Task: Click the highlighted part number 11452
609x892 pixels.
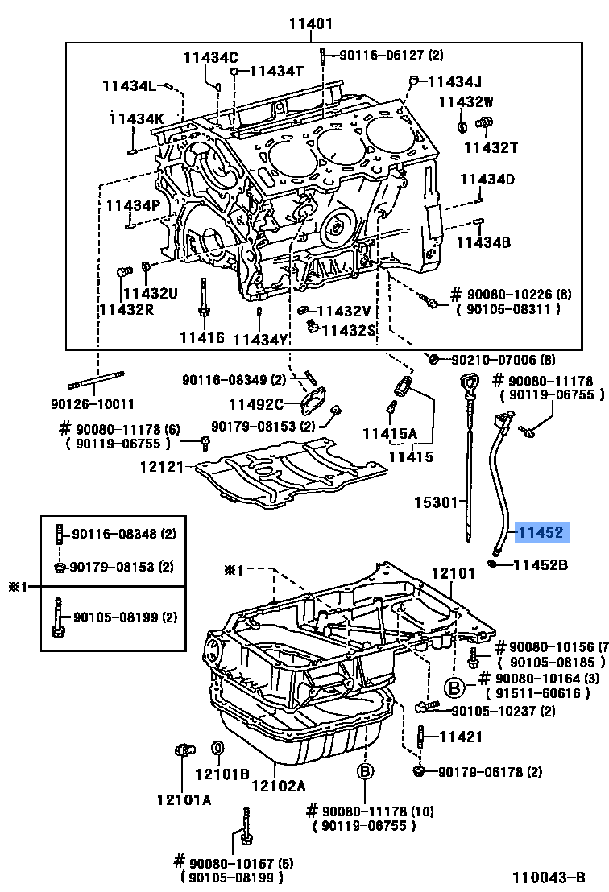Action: [x=542, y=532]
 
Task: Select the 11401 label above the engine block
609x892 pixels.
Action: [x=310, y=24]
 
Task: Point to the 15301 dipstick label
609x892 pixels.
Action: [x=437, y=502]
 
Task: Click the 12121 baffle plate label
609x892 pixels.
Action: [x=162, y=466]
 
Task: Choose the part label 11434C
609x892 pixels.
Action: [x=210, y=57]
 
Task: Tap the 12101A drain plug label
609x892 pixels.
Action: [x=184, y=799]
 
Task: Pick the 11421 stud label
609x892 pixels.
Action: [x=460, y=736]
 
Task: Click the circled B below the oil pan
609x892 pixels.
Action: [x=364, y=772]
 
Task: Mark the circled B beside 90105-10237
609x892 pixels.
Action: [x=454, y=687]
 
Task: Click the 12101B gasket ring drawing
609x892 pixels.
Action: [x=217, y=750]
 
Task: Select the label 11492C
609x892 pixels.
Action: [x=256, y=404]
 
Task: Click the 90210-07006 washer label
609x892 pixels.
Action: [x=503, y=359]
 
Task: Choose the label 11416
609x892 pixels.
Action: [x=202, y=337]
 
